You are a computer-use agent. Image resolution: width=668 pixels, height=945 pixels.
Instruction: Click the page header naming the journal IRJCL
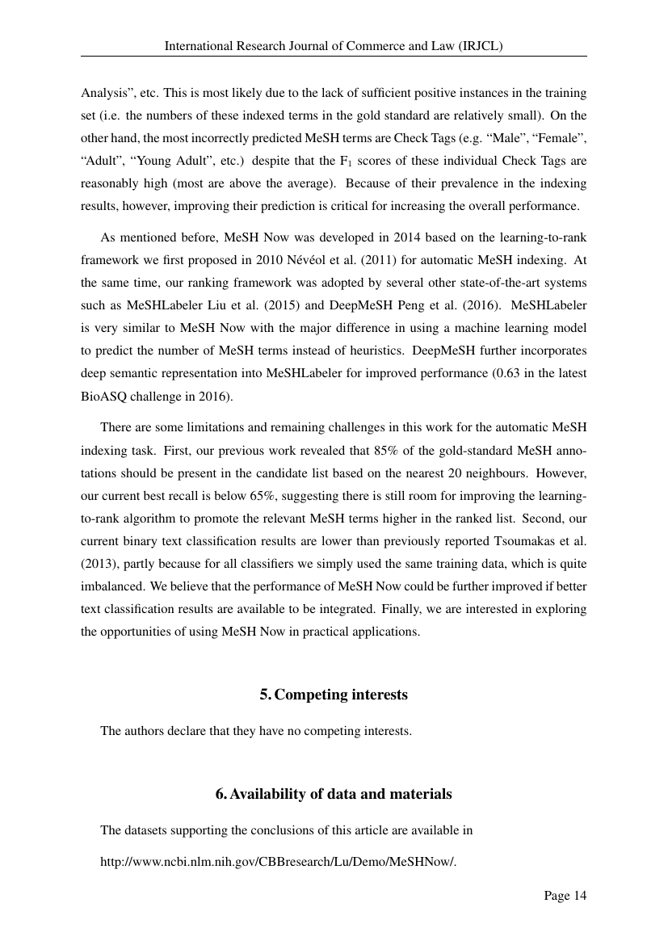click(x=334, y=47)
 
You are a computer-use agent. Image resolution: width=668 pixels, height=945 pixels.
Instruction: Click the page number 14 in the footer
click(x=565, y=895)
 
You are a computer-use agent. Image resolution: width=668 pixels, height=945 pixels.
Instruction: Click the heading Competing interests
click(x=334, y=695)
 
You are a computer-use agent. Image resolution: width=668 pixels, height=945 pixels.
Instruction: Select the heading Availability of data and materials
click(x=334, y=794)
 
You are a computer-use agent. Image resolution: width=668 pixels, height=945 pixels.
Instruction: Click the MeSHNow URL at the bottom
click(x=278, y=861)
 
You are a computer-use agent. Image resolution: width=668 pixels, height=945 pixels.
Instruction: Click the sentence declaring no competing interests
click(x=256, y=732)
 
